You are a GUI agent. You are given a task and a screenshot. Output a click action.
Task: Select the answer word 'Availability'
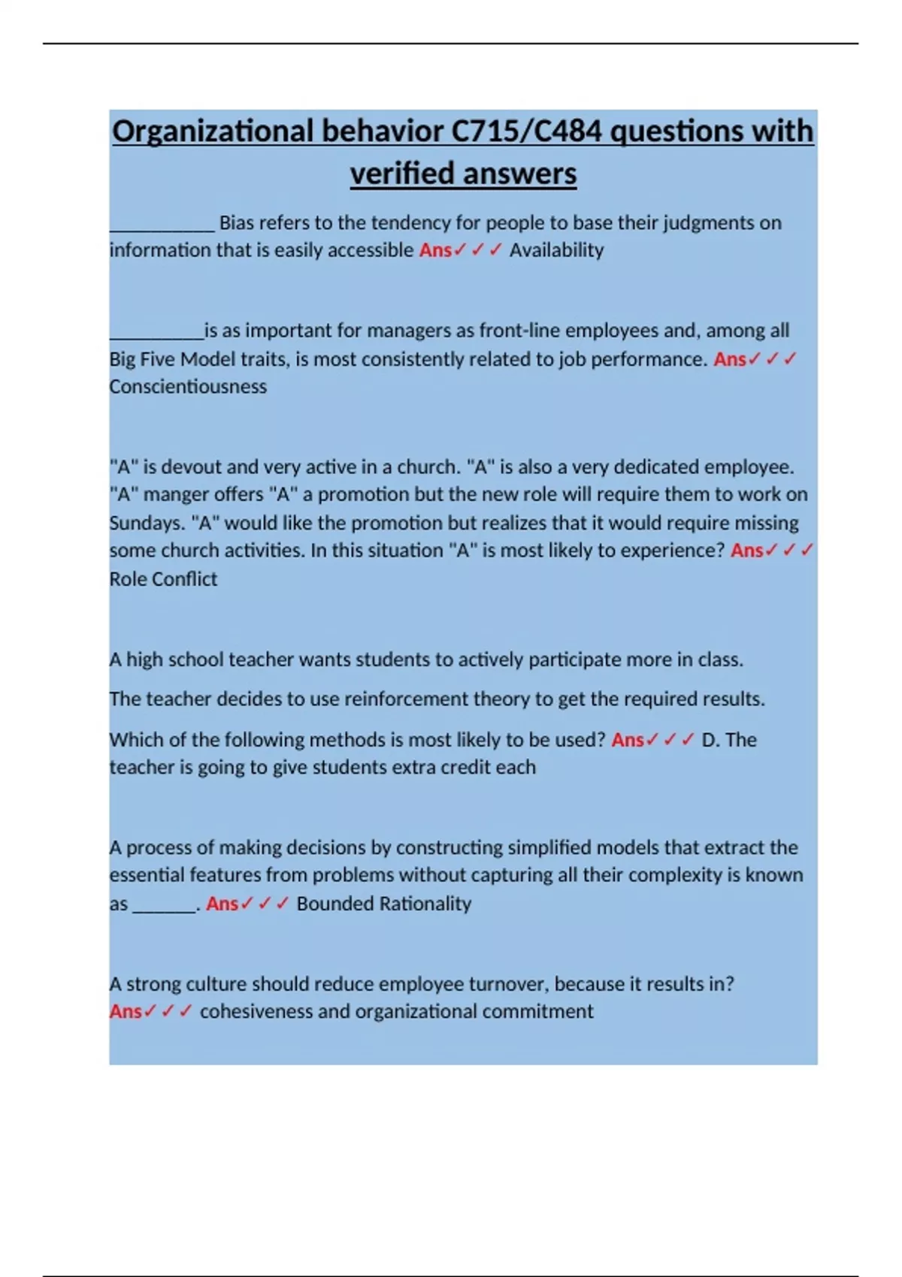tap(556, 250)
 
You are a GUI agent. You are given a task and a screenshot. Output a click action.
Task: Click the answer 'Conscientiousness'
tap(188, 387)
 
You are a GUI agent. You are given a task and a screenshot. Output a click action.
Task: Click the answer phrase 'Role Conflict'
tap(163, 579)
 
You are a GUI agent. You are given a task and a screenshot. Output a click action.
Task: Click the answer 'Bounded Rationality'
tap(383, 904)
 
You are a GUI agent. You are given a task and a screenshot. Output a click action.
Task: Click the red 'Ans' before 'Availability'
tap(435, 250)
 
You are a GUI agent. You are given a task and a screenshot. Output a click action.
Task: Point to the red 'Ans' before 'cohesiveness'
tap(126, 1012)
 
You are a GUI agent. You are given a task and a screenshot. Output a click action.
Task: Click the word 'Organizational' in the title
tap(213, 131)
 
